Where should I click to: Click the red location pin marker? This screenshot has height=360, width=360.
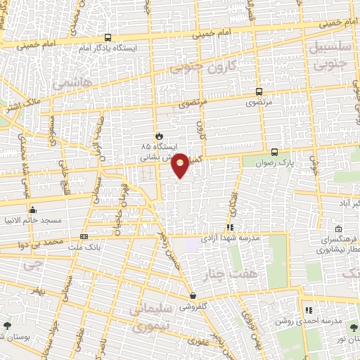point(181,165)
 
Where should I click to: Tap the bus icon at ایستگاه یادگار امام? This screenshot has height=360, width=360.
point(108,37)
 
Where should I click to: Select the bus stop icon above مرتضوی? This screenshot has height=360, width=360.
point(259,91)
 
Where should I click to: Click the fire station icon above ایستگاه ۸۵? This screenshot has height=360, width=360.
point(159,136)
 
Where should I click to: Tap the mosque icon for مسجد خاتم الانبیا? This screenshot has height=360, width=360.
point(32,210)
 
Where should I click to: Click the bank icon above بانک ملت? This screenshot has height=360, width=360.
point(84,237)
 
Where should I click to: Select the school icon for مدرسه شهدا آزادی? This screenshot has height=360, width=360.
point(229,226)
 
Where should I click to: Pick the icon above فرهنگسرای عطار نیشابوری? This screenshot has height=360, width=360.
point(339,229)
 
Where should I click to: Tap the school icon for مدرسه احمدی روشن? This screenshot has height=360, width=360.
point(308,310)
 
